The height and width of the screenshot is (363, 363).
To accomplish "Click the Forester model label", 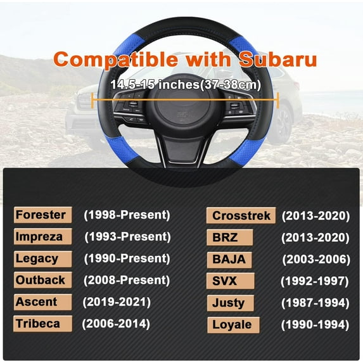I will tap(41, 215).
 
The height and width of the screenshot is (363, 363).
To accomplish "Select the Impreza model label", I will tap(40, 236).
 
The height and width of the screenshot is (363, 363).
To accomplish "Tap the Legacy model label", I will tap(37, 258).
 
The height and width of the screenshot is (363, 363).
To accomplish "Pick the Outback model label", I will tap(41, 280).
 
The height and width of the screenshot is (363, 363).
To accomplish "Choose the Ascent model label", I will tap(37, 302).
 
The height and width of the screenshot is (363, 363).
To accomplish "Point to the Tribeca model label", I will tap(38, 324).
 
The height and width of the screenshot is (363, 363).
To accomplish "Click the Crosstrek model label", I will tap(240, 216).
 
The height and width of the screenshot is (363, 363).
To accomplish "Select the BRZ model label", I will tap(226, 238).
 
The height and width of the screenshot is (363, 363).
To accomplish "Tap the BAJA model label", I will tap(229, 259).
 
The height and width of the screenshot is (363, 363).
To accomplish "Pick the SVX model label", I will tap(226, 281).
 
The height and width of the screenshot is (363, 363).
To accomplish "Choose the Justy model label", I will tap(229, 303).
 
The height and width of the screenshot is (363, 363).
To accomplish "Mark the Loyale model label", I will tap(232, 325).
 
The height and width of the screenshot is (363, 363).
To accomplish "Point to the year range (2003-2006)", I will tap(315, 259).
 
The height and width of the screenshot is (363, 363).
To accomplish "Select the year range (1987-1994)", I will tap(315, 303).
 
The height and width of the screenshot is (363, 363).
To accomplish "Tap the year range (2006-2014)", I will tap(116, 324).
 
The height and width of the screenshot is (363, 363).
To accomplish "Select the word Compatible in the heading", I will tap(117, 60).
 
